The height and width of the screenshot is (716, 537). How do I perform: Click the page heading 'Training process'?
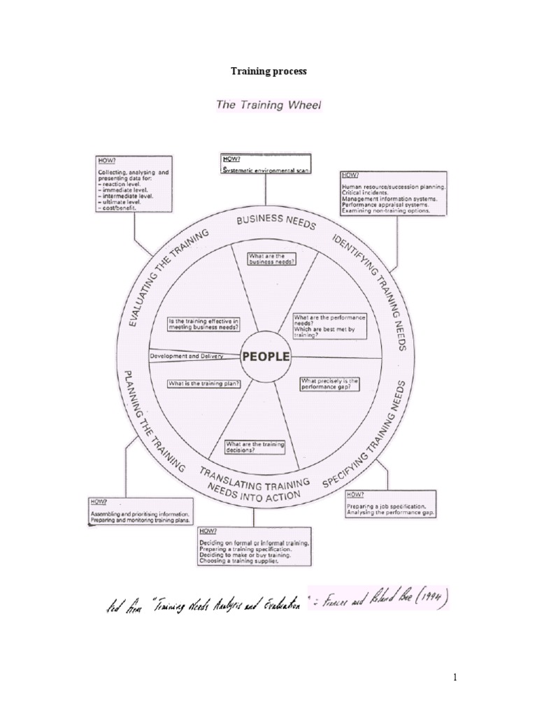pos(268,71)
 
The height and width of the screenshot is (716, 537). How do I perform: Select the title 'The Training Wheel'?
pos(268,106)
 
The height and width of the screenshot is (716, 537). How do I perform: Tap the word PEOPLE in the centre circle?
pos(266,356)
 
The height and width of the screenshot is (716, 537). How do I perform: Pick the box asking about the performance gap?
pos(330,383)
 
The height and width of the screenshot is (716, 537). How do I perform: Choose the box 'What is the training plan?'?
pos(194,382)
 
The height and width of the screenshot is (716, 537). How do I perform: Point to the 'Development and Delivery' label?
pos(186,356)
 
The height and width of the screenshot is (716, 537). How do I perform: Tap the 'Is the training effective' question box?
pos(203,324)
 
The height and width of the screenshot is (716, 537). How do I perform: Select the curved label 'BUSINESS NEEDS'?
pos(276,222)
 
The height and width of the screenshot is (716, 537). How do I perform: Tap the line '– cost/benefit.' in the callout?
pos(119,208)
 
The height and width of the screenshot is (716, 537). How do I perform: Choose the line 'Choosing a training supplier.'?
pos(244,561)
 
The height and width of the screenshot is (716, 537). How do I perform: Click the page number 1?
pos(513,677)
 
